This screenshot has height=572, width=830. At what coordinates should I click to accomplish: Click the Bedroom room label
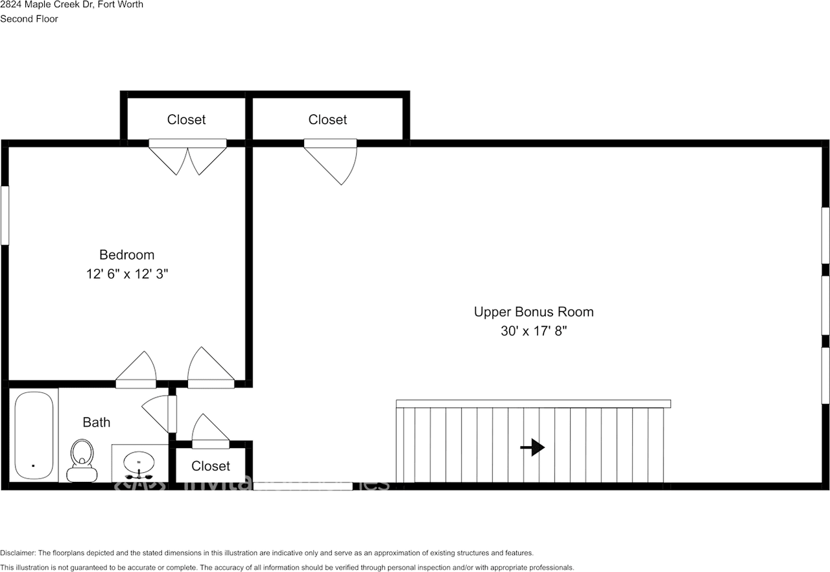(126, 255)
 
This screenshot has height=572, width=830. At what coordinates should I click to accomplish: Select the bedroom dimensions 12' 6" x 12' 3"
(126, 274)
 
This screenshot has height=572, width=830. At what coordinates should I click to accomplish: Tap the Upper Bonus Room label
(533, 312)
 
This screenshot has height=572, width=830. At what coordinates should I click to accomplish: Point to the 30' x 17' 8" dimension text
(533, 331)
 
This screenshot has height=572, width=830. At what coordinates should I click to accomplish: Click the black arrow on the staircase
(533, 447)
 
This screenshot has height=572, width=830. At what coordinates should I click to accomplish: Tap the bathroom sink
(139, 463)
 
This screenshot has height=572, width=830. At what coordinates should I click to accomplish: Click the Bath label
(96, 423)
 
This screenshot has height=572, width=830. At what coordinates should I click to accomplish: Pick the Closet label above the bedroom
(186, 120)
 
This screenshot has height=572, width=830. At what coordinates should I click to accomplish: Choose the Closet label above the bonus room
(327, 120)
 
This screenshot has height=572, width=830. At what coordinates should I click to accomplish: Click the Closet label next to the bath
(211, 466)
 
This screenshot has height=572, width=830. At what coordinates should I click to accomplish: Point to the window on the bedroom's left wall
(5, 215)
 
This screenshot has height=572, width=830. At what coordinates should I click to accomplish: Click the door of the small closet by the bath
(210, 431)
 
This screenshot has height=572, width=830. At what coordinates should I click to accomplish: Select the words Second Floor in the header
(29, 19)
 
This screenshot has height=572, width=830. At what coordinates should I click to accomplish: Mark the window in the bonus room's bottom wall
(302, 486)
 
